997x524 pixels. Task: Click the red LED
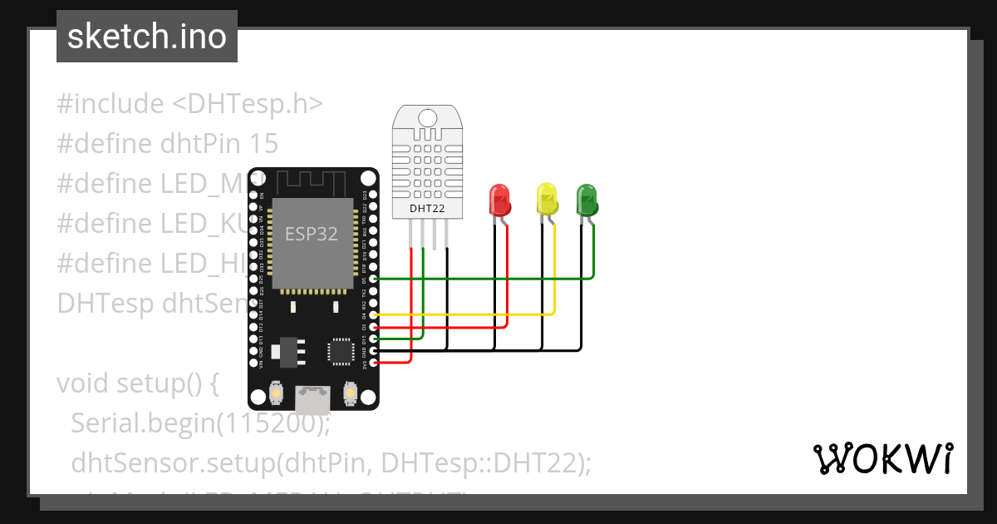(x=499, y=200)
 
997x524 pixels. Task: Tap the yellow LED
(x=546, y=199)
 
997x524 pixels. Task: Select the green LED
(x=587, y=199)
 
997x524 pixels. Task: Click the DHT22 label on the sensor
(x=426, y=208)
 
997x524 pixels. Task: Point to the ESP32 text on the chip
(x=312, y=234)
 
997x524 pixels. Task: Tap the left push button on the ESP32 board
(x=276, y=392)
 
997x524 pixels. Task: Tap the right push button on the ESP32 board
(x=351, y=392)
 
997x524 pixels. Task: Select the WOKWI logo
(x=883, y=458)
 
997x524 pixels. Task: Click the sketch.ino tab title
(x=147, y=37)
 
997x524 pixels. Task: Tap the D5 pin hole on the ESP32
(x=374, y=279)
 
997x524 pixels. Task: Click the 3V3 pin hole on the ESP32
(x=374, y=363)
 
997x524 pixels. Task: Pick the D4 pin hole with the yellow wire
(x=374, y=315)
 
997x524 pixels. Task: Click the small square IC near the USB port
(x=341, y=350)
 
